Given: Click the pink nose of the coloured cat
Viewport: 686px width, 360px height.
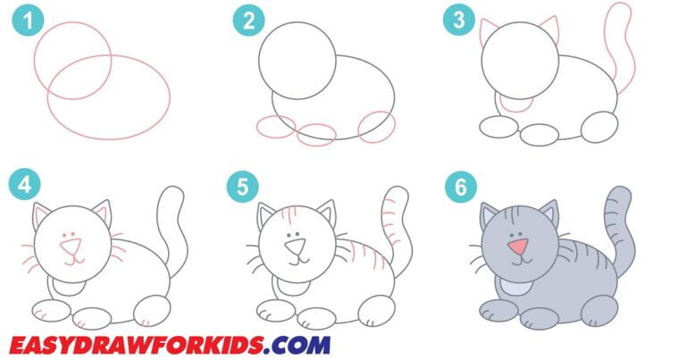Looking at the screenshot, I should coord(516,246).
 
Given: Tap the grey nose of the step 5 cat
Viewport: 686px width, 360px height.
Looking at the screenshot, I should coord(295,243).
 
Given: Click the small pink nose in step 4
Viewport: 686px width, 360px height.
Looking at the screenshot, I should coord(71,243).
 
